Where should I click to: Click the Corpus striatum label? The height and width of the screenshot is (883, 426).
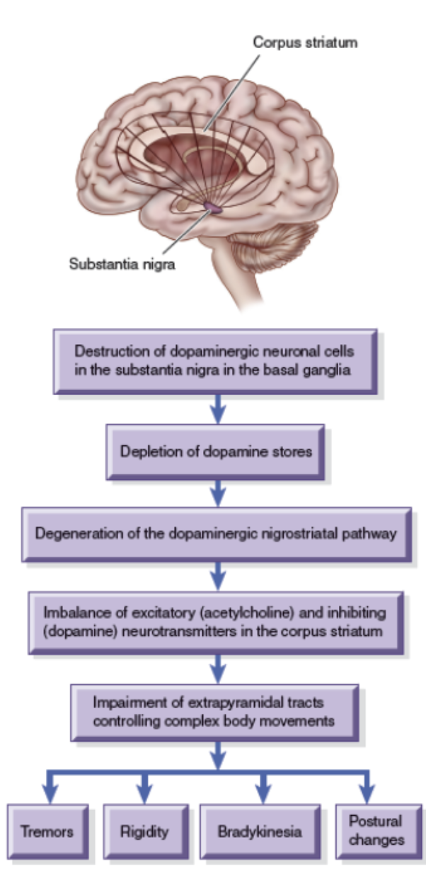[x=305, y=42]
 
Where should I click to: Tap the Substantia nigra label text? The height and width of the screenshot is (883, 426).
[x=122, y=266]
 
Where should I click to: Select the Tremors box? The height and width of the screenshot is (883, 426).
[x=47, y=831]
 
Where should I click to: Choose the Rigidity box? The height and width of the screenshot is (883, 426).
[x=145, y=831]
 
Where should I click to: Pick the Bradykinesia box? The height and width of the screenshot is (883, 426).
[x=259, y=831]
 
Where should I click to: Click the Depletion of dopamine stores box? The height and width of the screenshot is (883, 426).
[x=216, y=451]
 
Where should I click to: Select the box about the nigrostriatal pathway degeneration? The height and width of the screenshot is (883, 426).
[x=216, y=533]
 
